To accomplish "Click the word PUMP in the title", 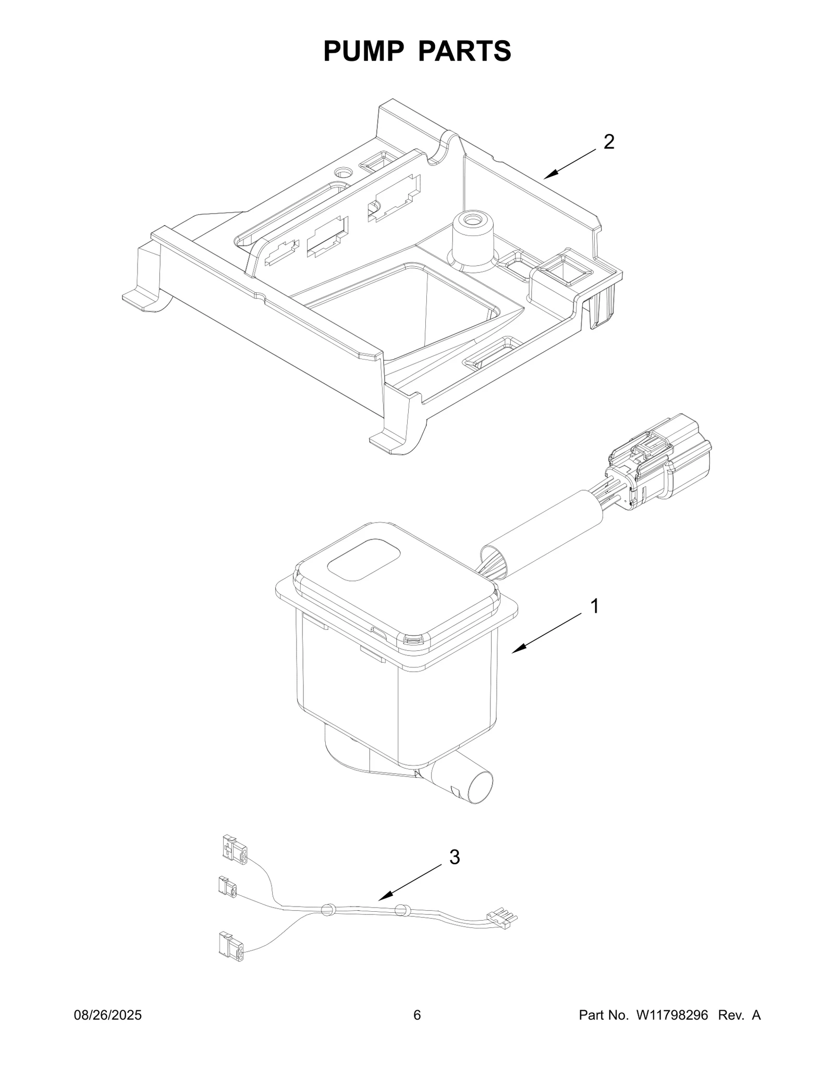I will [363, 51].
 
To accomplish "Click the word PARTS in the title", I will [464, 51].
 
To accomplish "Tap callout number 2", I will [609, 142].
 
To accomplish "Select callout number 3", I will [455, 857].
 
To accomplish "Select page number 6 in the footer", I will [417, 1030].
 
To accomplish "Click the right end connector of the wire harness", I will [501, 920].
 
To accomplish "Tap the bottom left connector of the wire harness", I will [230, 946].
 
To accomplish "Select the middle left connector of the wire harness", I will [227, 887].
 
